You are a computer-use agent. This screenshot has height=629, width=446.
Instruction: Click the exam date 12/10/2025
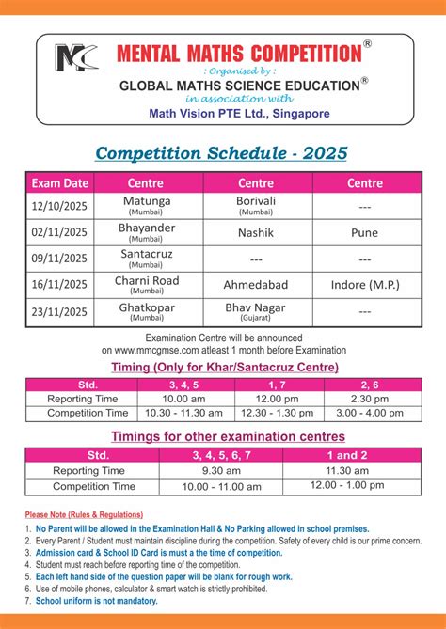click(60, 205)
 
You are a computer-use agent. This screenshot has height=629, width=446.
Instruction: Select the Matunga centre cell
click(148, 205)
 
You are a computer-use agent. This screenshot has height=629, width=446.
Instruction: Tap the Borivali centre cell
click(255, 205)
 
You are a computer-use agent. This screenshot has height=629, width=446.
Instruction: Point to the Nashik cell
click(255, 232)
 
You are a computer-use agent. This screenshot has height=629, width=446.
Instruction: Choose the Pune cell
click(364, 232)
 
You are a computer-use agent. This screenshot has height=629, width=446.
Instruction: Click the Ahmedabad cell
click(255, 284)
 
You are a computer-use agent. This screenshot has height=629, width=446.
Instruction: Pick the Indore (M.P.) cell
click(364, 284)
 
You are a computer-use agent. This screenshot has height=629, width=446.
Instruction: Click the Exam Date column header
click(60, 182)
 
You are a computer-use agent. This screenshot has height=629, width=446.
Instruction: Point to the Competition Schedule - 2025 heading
click(222, 152)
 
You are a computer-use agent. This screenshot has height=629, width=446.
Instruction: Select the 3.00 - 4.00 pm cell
click(364, 412)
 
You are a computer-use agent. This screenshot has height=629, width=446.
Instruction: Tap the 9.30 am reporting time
click(222, 470)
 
